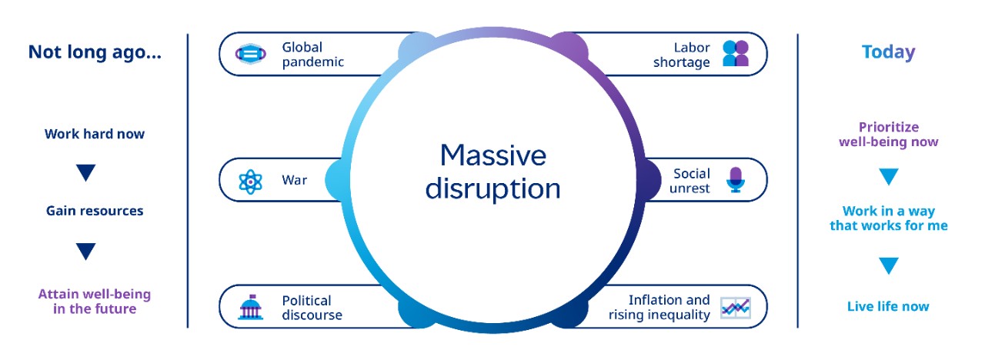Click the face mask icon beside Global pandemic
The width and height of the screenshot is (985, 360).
pos(249,54)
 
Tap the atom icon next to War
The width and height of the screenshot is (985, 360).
pos(250,181)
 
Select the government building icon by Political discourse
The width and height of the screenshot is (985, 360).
pos(250,307)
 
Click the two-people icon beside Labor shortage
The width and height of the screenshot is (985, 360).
pos(735,54)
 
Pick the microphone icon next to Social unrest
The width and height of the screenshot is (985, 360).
pos(735,180)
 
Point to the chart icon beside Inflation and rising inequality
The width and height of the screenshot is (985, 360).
pos(735,308)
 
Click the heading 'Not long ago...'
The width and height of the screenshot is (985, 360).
pos(95,52)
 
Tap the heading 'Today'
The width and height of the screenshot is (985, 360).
pos(888,52)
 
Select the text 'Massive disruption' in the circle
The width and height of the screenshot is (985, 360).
pos(492,172)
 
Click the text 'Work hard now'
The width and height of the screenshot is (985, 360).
pos(95,134)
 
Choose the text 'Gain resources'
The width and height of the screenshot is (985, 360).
pos(95,211)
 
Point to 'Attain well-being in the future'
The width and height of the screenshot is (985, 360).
pos(95,302)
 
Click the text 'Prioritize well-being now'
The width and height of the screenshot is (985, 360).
pos(888,135)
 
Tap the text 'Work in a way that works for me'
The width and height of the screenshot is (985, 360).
pos(888,218)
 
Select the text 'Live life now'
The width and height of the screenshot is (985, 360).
pos(888,306)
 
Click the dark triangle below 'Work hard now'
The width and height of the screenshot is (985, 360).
pos(85,173)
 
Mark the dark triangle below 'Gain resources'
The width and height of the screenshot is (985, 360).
pos(85,251)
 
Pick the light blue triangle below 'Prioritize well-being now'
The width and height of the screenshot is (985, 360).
pos(889,177)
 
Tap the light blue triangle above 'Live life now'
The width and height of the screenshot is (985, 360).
pos(889,266)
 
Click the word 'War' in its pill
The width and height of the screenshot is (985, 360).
pos(294,180)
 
